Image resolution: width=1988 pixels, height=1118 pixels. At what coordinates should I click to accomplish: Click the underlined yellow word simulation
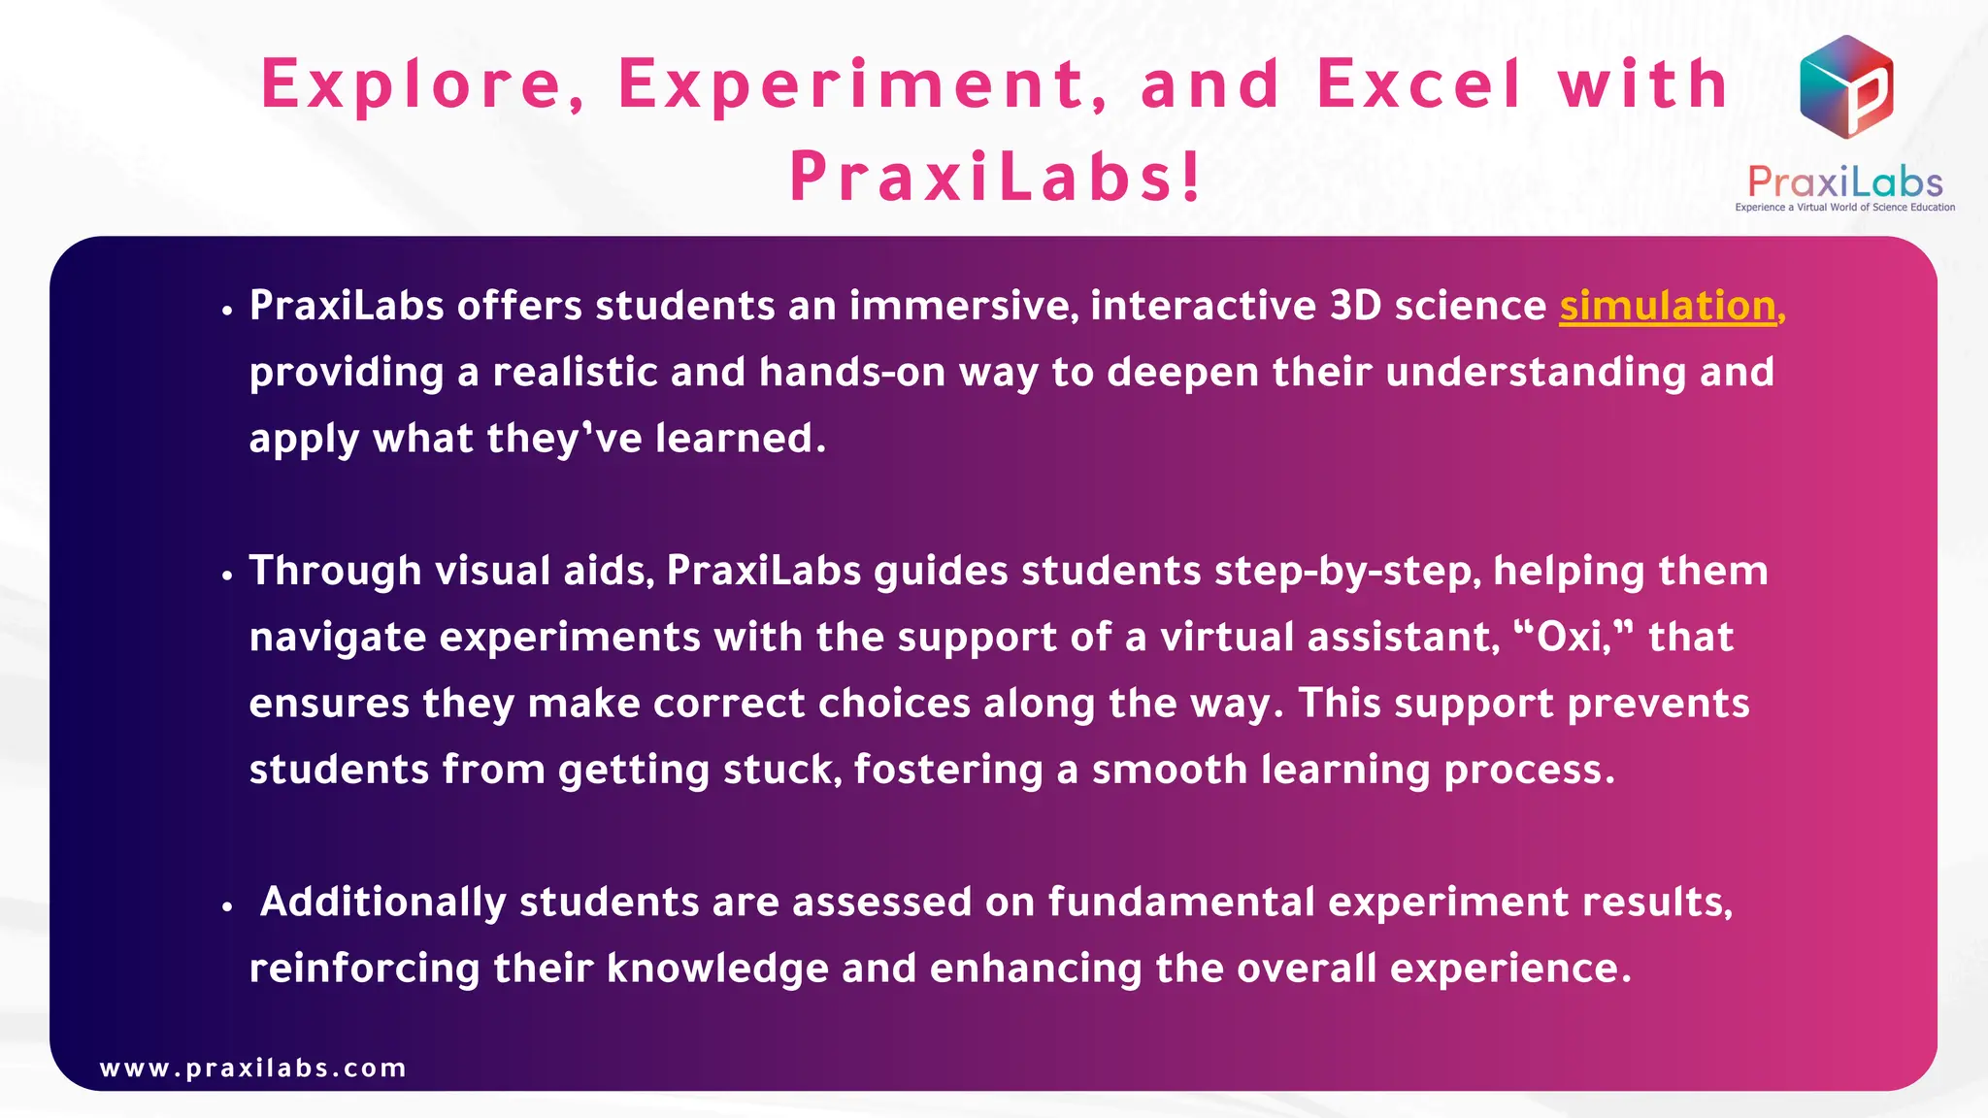pyautogui.click(x=1667, y=307)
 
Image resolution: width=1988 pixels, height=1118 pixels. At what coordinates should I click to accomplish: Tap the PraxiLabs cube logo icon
pyautogui.click(x=1845, y=86)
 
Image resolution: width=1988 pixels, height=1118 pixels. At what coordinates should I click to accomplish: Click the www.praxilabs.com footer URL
pyautogui.click(x=252, y=1069)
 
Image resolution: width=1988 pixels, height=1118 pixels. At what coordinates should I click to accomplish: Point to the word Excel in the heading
pyautogui.click(x=1418, y=84)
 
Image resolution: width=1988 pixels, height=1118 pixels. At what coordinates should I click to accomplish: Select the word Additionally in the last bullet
pyautogui.click(x=382, y=903)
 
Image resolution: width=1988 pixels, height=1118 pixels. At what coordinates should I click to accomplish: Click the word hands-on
pyautogui.click(x=852, y=373)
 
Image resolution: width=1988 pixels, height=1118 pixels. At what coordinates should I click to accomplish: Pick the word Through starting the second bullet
pyautogui.click(x=335, y=572)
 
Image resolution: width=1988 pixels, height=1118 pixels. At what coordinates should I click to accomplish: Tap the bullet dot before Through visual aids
pyautogui.click(x=227, y=575)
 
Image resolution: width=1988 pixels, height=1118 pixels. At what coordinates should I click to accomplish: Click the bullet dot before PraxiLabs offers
pyautogui.click(x=227, y=311)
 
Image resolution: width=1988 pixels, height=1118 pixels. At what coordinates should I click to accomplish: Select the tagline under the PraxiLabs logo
pyautogui.click(x=1844, y=208)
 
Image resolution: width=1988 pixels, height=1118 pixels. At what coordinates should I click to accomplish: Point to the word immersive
pyautogui.click(x=963, y=307)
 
